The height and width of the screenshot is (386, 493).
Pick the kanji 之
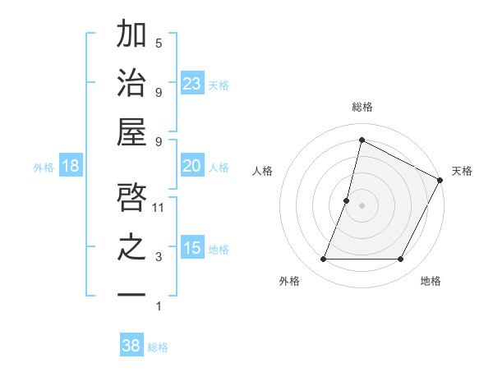point(131,246)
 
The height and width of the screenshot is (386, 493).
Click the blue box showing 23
point(192,84)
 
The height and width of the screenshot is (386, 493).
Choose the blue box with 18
point(71,167)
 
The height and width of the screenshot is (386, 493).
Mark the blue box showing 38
point(131,346)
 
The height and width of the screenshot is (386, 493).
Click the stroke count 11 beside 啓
point(159,208)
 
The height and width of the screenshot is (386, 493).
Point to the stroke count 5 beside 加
point(159,43)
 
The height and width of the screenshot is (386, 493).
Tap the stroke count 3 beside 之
point(159,257)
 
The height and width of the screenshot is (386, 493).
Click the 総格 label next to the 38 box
point(158,347)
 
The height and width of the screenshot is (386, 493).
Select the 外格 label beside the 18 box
point(44,168)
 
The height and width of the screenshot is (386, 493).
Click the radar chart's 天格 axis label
point(462,171)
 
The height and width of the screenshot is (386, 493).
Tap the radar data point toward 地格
point(401,260)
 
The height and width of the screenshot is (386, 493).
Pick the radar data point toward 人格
point(347,200)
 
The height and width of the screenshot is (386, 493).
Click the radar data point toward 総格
point(362,140)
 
